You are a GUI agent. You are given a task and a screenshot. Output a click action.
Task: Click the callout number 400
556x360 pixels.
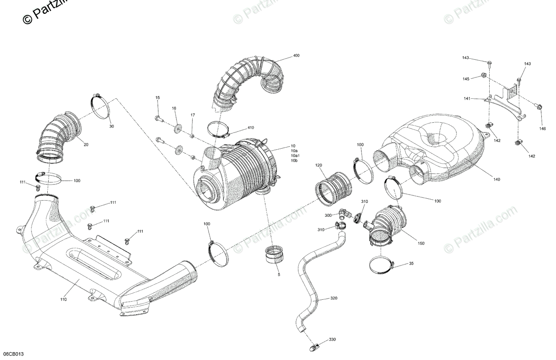pos(296,56)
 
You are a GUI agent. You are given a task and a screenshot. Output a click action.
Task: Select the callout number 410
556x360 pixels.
pos(251,127)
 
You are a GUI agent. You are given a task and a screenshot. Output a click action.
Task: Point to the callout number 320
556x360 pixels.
pos(335,299)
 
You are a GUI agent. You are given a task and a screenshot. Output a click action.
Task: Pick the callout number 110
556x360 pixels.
pos(63,299)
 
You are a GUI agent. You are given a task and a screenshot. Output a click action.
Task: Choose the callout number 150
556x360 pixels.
pos(421,243)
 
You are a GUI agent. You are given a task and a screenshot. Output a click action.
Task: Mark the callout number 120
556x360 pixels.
pos(318,165)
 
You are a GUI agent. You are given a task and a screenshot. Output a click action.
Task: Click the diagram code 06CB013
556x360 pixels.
pos(13,354)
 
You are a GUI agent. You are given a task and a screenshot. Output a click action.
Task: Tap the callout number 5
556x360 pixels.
pos(279,275)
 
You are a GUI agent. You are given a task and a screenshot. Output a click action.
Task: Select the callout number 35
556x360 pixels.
pos(411,264)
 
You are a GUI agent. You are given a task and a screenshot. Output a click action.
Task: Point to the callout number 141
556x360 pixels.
pos(468,99)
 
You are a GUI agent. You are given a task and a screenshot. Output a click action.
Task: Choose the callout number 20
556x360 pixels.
pos(86,144)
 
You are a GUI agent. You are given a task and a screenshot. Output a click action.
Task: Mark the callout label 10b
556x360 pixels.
pos(294,161)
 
